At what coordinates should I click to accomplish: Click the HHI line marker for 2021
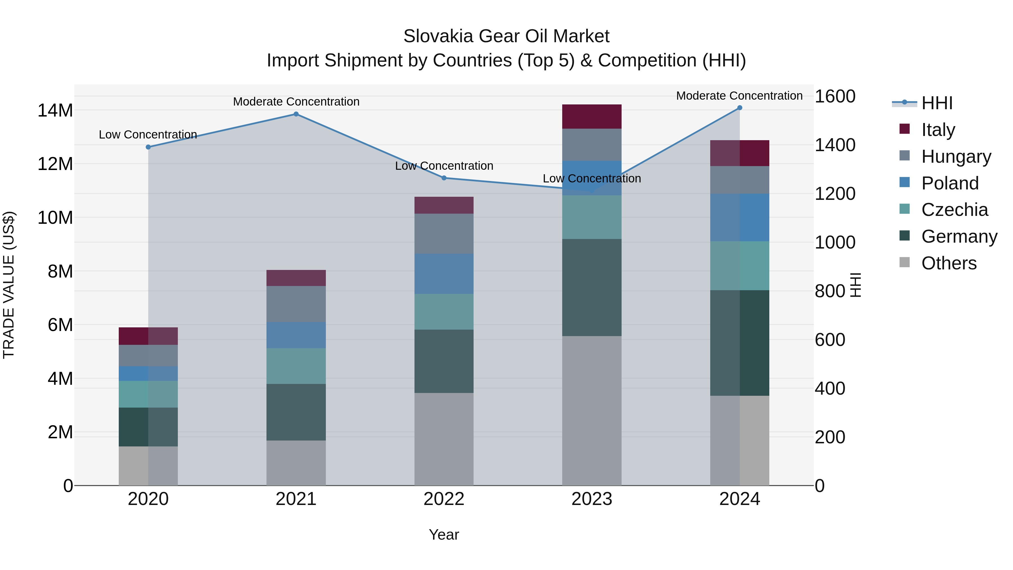[296, 114]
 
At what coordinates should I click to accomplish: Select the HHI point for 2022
[444, 178]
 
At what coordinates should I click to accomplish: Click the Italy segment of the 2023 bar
[592, 117]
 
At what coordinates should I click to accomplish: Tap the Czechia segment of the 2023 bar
[592, 217]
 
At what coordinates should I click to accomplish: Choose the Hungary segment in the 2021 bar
[296, 304]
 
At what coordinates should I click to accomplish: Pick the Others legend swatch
[904, 262]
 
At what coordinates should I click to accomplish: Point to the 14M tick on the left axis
[55, 111]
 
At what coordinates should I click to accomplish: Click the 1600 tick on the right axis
[835, 96]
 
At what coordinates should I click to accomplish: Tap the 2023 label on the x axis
[592, 499]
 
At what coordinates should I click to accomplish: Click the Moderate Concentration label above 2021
[296, 102]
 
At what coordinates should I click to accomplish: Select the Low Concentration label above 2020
[148, 135]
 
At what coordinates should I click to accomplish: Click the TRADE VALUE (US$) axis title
[9, 285]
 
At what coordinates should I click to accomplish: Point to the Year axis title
[444, 535]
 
